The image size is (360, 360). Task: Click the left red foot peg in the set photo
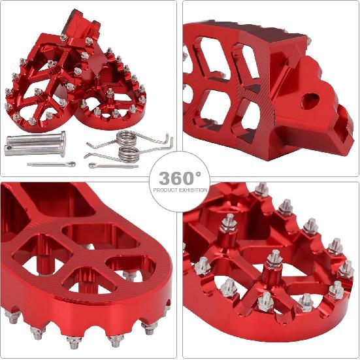(42, 85)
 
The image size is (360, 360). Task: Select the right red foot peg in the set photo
(114, 98)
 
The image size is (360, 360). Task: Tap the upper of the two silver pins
(36, 138)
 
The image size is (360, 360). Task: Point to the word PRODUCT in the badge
(166, 190)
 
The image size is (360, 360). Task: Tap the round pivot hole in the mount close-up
(311, 101)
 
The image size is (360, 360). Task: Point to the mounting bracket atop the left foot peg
(78, 29)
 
